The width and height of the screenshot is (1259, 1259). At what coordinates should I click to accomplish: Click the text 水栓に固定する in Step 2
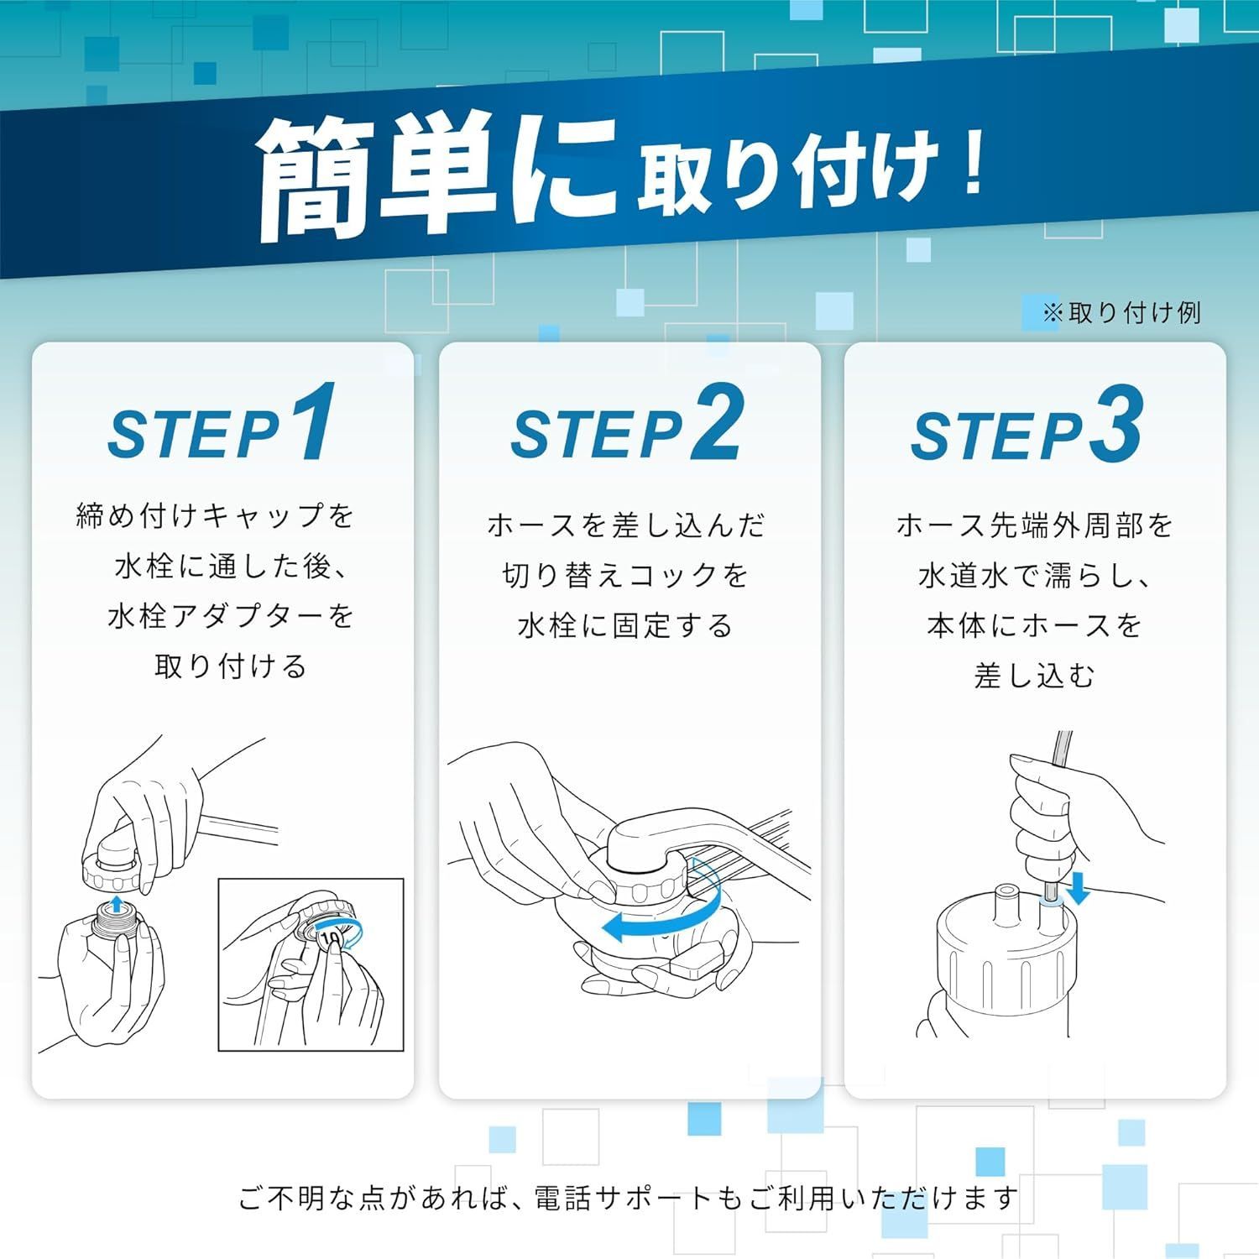point(625,626)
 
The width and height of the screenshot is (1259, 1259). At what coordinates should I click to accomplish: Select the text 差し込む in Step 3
point(1034,676)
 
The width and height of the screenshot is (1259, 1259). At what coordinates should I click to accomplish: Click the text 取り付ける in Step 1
point(231,666)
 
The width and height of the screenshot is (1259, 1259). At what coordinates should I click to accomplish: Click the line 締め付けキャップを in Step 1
point(216,515)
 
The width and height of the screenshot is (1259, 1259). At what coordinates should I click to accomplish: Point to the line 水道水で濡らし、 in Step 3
point(1034,576)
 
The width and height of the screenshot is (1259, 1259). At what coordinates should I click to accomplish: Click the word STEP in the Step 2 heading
point(597,435)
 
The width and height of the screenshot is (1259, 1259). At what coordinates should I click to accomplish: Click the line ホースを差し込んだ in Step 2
point(625,525)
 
